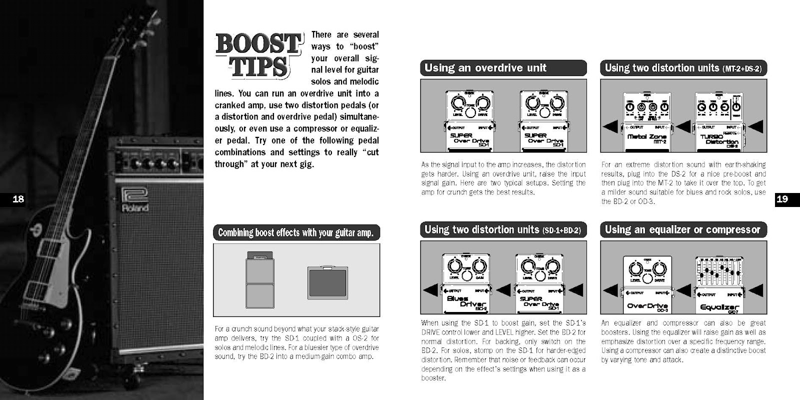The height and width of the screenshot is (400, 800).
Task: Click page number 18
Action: click(x=18, y=199)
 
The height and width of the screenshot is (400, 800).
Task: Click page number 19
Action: click(x=782, y=199)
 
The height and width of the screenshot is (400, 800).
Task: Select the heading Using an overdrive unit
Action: click(x=503, y=68)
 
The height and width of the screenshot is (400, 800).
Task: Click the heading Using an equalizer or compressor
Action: click(x=683, y=230)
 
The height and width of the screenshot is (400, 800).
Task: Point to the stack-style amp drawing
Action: click(x=260, y=280)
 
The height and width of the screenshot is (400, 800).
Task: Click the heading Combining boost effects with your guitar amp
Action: click(x=296, y=233)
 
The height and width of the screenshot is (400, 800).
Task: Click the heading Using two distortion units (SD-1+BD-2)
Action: click(x=503, y=230)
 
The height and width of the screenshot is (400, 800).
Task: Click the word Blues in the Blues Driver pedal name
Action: click(x=458, y=298)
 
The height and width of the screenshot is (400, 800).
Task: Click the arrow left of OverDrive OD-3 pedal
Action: click(x=611, y=289)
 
